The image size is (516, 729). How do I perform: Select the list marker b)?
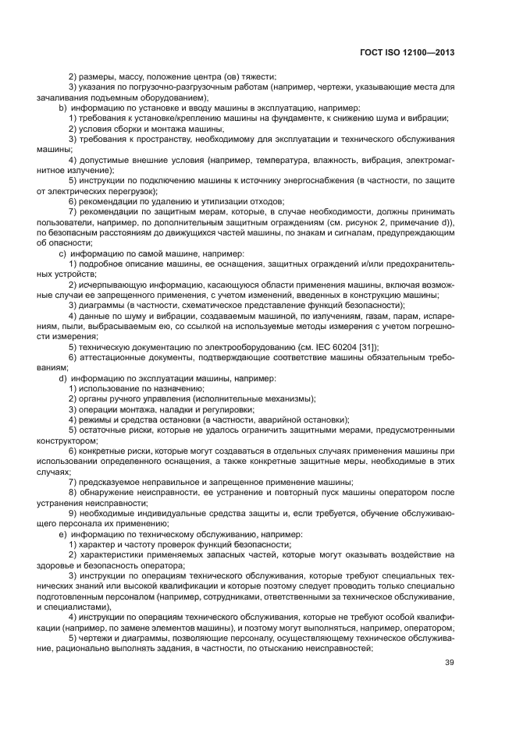[63, 108]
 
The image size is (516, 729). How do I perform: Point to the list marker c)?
[63, 254]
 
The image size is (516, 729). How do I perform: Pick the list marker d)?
[63, 378]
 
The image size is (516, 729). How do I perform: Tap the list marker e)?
[63, 534]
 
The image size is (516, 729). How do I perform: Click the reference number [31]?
[367, 347]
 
